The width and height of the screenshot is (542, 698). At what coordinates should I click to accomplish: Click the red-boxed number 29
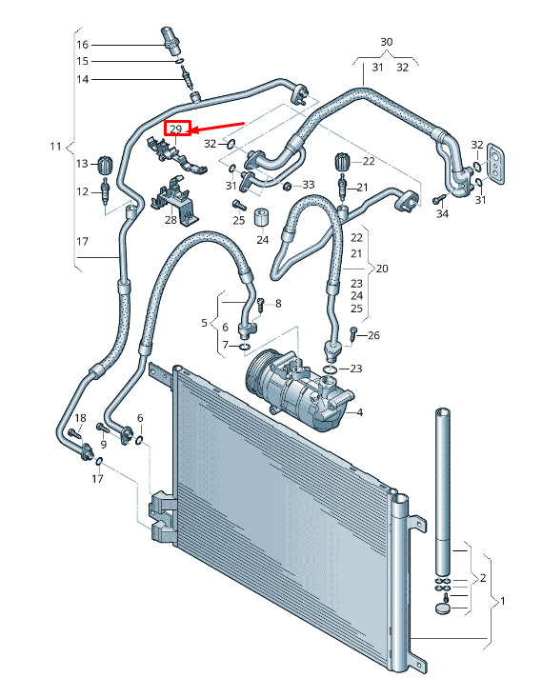(x=176, y=130)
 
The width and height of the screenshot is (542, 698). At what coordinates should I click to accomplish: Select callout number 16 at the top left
(x=82, y=45)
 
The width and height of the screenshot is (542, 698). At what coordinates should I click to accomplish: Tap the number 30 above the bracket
(x=387, y=42)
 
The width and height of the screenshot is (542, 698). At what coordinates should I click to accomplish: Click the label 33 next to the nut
(x=309, y=185)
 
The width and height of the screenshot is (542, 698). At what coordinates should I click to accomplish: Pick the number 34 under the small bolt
(x=442, y=213)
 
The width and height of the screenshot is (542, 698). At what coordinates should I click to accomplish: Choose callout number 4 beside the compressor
(x=359, y=412)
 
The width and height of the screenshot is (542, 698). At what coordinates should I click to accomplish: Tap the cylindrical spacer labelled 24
(x=262, y=218)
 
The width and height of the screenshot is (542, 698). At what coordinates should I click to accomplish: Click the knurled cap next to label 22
(x=342, y=161)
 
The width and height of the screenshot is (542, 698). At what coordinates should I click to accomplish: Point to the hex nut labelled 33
(x=288, y=185)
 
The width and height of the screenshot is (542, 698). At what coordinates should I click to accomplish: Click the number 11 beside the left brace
(x=55, y=146)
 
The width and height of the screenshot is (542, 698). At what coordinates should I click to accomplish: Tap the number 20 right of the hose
(x=382, y=269)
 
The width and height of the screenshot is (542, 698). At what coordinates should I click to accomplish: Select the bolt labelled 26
(x=352, y=333)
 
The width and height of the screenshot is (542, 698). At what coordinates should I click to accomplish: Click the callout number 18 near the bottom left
(x=80, y=418)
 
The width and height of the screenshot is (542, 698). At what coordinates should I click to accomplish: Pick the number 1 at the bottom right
(x=502, y=601)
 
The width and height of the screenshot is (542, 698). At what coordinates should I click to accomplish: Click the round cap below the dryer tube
(x=442, y=608)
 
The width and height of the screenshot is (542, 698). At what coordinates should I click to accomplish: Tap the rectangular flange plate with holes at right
(x=495, y=164)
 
